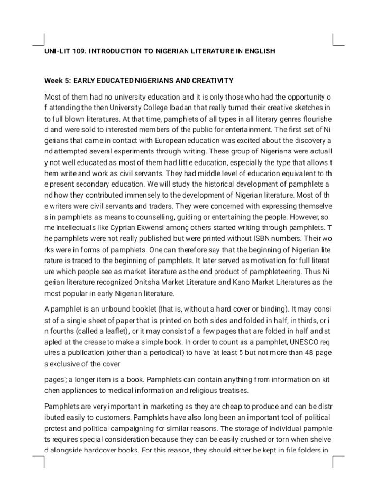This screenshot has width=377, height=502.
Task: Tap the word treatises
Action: (x=232, y=390)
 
